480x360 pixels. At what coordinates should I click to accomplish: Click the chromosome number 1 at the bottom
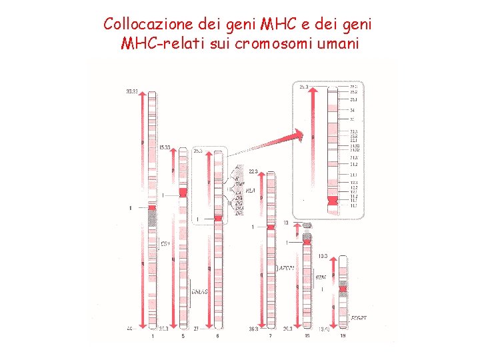[152, 336]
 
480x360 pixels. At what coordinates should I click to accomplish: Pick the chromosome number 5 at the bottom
[183, 336]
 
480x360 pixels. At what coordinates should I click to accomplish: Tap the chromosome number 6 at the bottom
[217, 336]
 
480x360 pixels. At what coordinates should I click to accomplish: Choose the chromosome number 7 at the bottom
[271, 336]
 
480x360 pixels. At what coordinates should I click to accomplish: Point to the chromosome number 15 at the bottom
[307, 336]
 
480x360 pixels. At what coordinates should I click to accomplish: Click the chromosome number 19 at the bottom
[343, 336]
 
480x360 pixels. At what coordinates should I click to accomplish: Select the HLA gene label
[251, 191]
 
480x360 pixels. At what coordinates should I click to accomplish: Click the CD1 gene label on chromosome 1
[165, 245]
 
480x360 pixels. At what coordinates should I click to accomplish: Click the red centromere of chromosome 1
[152, 208]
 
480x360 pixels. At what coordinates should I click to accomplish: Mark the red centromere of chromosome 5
[183, 192]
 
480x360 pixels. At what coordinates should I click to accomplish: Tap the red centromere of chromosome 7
[271, 227]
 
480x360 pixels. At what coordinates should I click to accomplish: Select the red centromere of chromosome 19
[343, 287]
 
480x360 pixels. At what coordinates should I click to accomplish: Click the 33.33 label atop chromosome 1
[132, 91]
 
